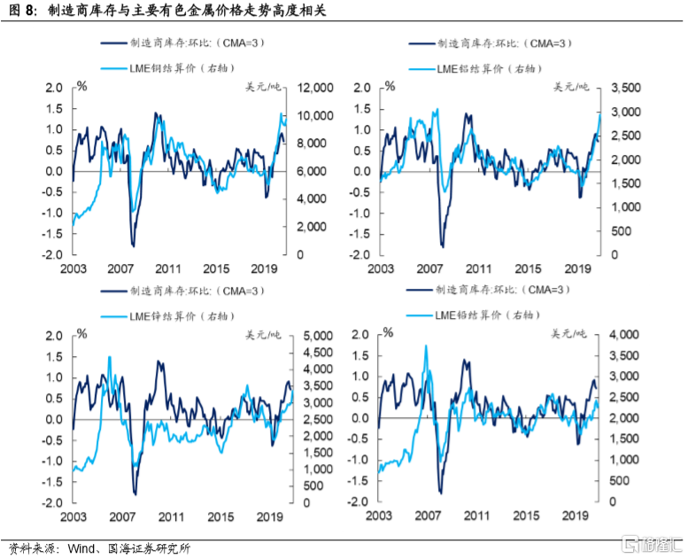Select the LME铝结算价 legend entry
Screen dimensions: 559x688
point(487,68)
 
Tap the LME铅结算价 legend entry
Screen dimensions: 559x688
point(483,314)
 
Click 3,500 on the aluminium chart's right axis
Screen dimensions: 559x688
point(616,89)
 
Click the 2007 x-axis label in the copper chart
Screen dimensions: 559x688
point(121,268)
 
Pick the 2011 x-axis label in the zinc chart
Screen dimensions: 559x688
point(170,516)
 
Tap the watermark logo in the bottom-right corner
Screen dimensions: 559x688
point(651,543)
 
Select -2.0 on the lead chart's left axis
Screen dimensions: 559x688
point(358,502)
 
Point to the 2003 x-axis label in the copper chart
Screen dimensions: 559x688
point(73,268)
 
